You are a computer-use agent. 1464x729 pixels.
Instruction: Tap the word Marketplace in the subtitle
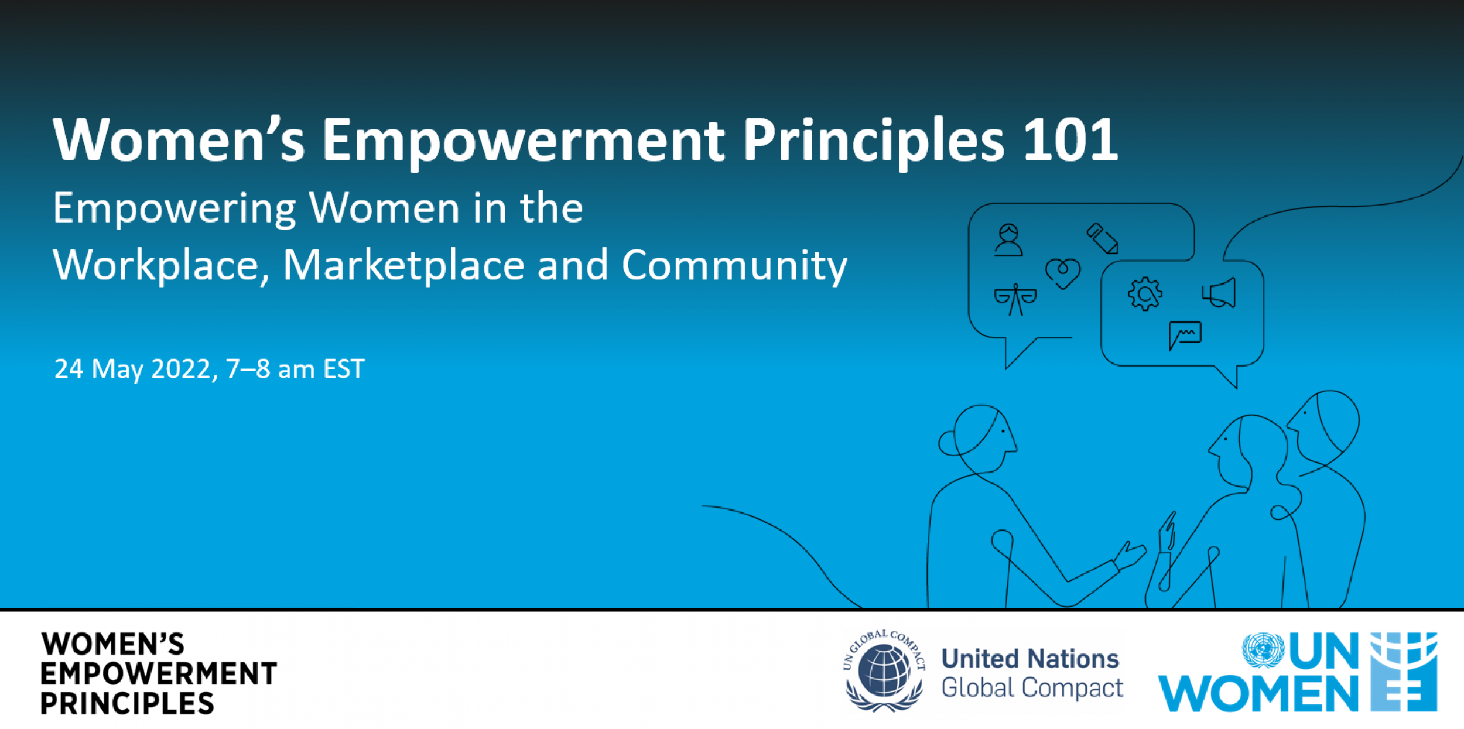[x=403, y=265]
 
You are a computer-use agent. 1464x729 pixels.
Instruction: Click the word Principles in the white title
[x=873, y=140]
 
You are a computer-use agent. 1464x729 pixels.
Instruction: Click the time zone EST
[x=344, y=369]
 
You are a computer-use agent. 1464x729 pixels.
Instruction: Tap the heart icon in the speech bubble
[x=1062, y=273]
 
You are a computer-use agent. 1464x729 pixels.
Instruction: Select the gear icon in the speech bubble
[x=1144, y=293]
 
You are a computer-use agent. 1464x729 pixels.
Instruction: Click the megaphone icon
[x=1220, y=293]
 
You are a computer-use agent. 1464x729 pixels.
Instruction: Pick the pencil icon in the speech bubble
[x=1103, y=238]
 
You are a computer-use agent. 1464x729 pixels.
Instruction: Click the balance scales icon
[x=1015, y=299]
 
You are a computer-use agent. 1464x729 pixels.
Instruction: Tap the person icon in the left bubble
[x=1008, y=240]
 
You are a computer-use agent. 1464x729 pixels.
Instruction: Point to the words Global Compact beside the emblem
[x=1032, y=688]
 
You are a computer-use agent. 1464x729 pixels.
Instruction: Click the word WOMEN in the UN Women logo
[x=1258, y=694]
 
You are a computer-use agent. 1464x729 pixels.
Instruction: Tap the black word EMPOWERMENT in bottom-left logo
[x=158, y=674]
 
